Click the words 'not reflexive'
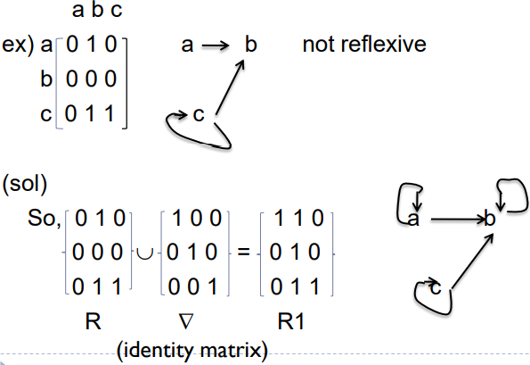point(363,45)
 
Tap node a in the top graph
point(187,45)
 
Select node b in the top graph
point(251,45)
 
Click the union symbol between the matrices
point(143,253)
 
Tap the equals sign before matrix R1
point(242,253)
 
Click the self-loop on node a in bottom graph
point(412,196)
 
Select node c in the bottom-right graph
point(436,289)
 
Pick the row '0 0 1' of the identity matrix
point(190,288)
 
